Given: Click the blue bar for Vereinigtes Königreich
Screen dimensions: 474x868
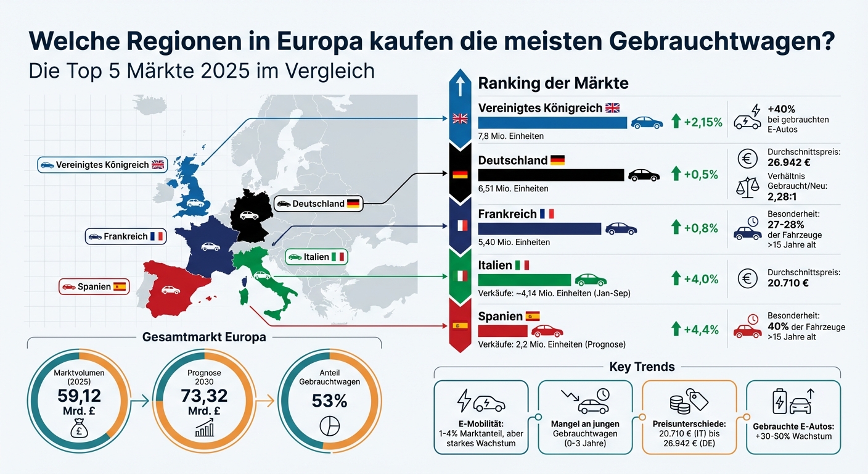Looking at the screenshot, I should coord(552,122).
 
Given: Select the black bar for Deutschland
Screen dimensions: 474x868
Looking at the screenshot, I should coord(551,175).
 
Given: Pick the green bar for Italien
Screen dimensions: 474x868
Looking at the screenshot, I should coord(525,280).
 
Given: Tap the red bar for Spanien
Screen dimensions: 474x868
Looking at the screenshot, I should coord(502,331).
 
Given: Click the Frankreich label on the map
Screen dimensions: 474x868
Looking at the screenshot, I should coord(125,236).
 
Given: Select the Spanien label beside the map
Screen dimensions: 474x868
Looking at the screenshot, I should coord(94,286).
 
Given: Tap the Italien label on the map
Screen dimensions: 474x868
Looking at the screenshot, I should coord(316,257).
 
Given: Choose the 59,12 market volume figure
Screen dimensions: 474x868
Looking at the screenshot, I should coord(79,396).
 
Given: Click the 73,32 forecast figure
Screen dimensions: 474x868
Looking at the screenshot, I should coord(203,396).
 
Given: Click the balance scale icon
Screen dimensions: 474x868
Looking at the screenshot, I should coord(748,187).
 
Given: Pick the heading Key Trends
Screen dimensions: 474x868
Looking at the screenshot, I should coord(642,367).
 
